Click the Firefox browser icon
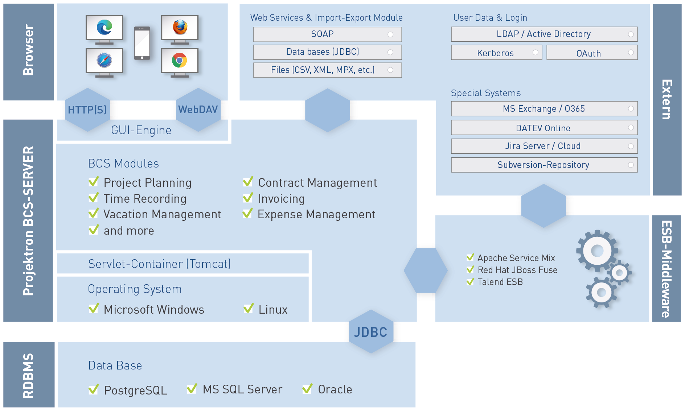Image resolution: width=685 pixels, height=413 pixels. [180, 27]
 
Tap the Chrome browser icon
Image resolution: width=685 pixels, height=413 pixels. [179, 60]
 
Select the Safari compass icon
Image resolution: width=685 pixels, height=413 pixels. [104, 60]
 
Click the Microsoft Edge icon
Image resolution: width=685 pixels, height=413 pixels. [104, 27]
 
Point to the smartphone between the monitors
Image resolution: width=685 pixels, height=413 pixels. [142, 43]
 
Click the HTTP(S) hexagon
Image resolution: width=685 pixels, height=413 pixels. [87, 110]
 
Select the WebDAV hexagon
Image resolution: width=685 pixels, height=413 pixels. [198, 110]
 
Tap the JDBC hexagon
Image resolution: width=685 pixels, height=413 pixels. [371, 331]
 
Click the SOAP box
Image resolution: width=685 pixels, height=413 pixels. [327, 34]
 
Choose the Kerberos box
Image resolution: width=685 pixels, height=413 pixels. [496, 53]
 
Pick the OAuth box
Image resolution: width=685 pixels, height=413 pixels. [592, 53]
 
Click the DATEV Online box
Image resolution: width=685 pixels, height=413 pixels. [544, 128]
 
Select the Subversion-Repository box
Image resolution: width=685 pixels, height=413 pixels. [544, 165]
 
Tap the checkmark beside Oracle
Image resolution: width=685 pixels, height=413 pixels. [307, 388]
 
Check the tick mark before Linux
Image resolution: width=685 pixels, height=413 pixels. [249, 308]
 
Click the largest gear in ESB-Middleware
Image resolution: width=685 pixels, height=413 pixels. [597, 251]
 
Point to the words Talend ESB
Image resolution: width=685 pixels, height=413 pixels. [500, 282]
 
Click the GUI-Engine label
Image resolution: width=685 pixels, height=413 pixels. [141, 130]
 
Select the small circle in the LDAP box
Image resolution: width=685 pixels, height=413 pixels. [631, 34]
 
